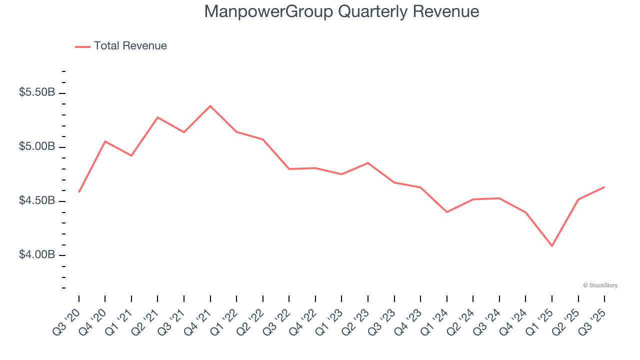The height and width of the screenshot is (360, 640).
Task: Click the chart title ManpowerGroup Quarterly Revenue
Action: tap(341, 11)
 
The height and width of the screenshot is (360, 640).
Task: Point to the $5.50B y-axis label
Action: tap(37, 93)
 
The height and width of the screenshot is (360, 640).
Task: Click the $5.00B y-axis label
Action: tap(37, 147)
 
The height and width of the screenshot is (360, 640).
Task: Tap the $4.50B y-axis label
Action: tap(37, 201)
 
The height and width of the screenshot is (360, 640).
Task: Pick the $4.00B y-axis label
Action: tap(37, 255)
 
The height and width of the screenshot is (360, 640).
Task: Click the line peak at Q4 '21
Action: tap(210, 106)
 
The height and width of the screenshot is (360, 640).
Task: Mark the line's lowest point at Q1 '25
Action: tap(552, 246)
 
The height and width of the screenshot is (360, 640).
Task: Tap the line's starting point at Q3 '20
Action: tap(79, 192)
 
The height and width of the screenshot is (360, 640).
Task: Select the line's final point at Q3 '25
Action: tap(604, 187)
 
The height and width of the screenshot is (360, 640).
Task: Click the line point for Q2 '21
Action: tap(158, 117)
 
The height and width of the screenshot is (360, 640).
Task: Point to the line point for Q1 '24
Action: tap(447, 212)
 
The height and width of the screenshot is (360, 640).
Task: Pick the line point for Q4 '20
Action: tap(105, 141)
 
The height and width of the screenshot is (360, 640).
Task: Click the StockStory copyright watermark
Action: tap(600, 285)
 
